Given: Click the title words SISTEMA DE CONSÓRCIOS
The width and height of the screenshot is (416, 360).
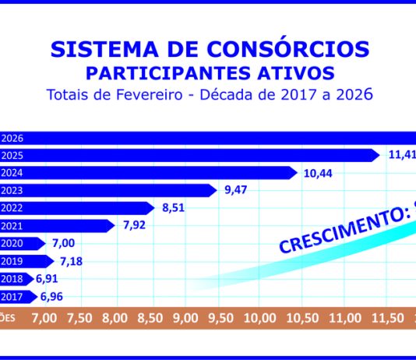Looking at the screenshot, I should click(x=208, y=49).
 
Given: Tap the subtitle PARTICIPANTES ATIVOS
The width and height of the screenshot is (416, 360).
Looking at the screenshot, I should click(x=208, y=73).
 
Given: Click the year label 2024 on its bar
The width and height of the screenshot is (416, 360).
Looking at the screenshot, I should click(x=12, y=173).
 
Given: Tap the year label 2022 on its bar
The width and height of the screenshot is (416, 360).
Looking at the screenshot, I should click(x=12, y=208).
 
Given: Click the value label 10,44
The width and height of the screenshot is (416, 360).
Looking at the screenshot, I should click(x=318, y=173).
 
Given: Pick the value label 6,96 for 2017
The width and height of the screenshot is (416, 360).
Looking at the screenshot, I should click(x=51, y=296).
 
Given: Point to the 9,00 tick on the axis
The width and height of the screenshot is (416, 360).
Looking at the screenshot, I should click(x=185, y=318).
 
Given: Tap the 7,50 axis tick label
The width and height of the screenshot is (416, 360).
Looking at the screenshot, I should click(x=79, y=318).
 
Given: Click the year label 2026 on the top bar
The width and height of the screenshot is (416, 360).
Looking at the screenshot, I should click(x=12, y=138).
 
